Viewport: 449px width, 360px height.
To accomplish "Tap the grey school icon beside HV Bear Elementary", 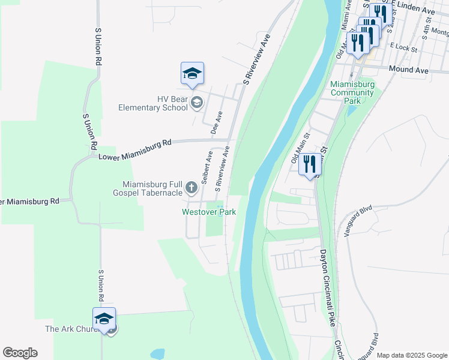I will point(196,104).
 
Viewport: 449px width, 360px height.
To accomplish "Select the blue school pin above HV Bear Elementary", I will point(192,74).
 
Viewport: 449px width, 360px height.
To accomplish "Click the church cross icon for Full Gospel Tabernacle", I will point(191,188).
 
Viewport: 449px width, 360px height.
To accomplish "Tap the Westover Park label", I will point(209,212).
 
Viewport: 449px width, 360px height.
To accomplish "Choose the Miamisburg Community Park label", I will point(353,92).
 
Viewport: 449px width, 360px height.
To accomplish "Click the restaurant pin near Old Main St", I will point(310,164).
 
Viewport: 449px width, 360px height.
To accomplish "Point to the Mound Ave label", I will point(408,70).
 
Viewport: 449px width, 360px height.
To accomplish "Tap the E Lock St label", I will point(399,45).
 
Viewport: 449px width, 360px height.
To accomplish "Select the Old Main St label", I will point(299,148).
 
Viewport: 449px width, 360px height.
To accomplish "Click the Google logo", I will point(20,353).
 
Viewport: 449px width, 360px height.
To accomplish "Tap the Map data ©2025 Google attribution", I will point(411,355).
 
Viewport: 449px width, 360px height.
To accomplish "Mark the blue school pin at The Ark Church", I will point(104,319).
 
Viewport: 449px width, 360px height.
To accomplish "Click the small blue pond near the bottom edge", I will point(157,353).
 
